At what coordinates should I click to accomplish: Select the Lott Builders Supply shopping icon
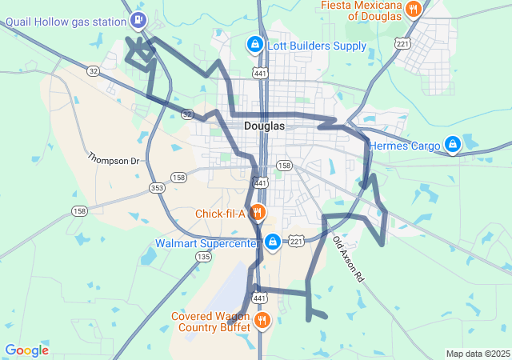point(254,46)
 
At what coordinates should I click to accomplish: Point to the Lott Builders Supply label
point(317,46)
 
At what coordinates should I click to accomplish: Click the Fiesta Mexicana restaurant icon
point(413,10)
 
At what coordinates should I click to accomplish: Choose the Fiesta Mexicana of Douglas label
point(360,10)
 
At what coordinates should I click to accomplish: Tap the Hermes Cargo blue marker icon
point(453,145)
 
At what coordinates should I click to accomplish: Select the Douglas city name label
point(263,126)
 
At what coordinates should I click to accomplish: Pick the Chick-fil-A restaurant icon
point(258,213)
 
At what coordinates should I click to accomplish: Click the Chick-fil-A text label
point(220,214)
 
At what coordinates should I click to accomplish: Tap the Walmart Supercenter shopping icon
point(273,241)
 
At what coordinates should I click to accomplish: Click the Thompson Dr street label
point(113,159)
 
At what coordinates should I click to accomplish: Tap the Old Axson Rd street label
point(348,260)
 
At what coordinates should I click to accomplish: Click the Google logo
point(26,350)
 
